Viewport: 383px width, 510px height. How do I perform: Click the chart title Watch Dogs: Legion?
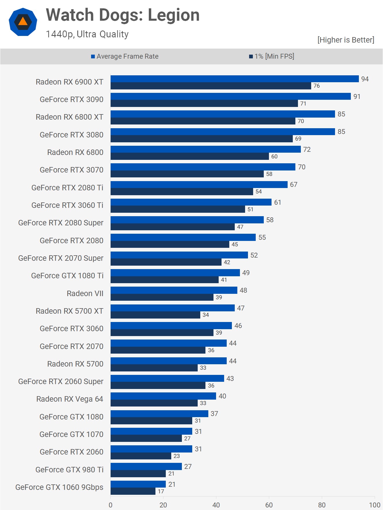coord(123,15)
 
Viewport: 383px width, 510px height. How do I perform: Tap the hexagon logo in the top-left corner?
coord(23,22)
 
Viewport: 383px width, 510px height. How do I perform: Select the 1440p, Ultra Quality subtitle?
coord(87,34)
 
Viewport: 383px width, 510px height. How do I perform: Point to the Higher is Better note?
coord(346,40)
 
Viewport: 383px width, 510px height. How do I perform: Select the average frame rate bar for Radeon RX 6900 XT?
coord(234,79)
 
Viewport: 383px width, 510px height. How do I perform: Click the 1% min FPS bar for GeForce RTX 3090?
coord(204,103)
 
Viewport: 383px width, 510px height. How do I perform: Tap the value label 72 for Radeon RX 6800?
coord(307,149)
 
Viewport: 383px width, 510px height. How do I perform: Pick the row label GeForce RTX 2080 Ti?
coord(67,188)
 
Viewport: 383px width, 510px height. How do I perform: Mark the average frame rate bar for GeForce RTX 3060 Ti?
coord(191,202)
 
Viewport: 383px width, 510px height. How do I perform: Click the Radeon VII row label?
coord(85,294)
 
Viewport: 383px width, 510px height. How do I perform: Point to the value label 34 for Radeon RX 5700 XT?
coord(206,315)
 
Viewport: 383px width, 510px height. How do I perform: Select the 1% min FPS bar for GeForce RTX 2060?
coord(141,456)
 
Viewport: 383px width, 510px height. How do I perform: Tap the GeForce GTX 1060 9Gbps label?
coord(59,487)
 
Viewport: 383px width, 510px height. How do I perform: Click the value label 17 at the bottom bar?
coord(161,492)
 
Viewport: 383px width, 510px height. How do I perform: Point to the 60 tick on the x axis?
coord(269,505)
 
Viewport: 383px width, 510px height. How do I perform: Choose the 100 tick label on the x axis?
coord(375,505)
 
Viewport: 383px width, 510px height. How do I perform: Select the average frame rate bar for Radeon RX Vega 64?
coord(163,396)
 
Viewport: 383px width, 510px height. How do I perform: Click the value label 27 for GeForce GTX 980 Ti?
coord(188,467)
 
